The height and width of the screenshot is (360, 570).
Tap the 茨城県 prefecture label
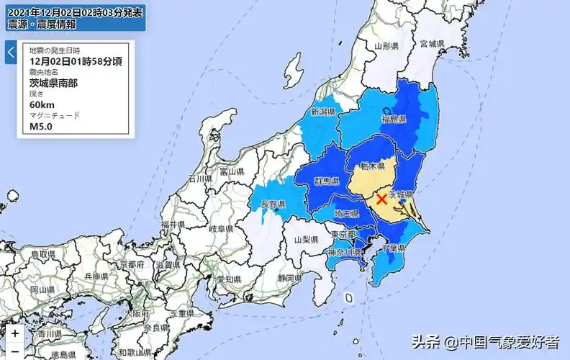(401, 194)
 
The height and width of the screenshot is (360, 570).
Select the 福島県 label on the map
(394, 119)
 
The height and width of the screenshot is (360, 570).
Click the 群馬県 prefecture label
(327, 181)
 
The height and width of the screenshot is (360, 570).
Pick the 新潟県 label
(324, 112)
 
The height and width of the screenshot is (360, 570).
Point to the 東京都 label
(344, 235)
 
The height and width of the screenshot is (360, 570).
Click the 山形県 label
(386, 46)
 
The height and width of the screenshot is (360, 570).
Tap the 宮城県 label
(432, 44)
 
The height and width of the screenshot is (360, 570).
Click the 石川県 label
(198, 178)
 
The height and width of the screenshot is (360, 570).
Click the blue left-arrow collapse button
(11, 53)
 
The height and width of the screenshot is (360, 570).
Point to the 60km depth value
(41, 104)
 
